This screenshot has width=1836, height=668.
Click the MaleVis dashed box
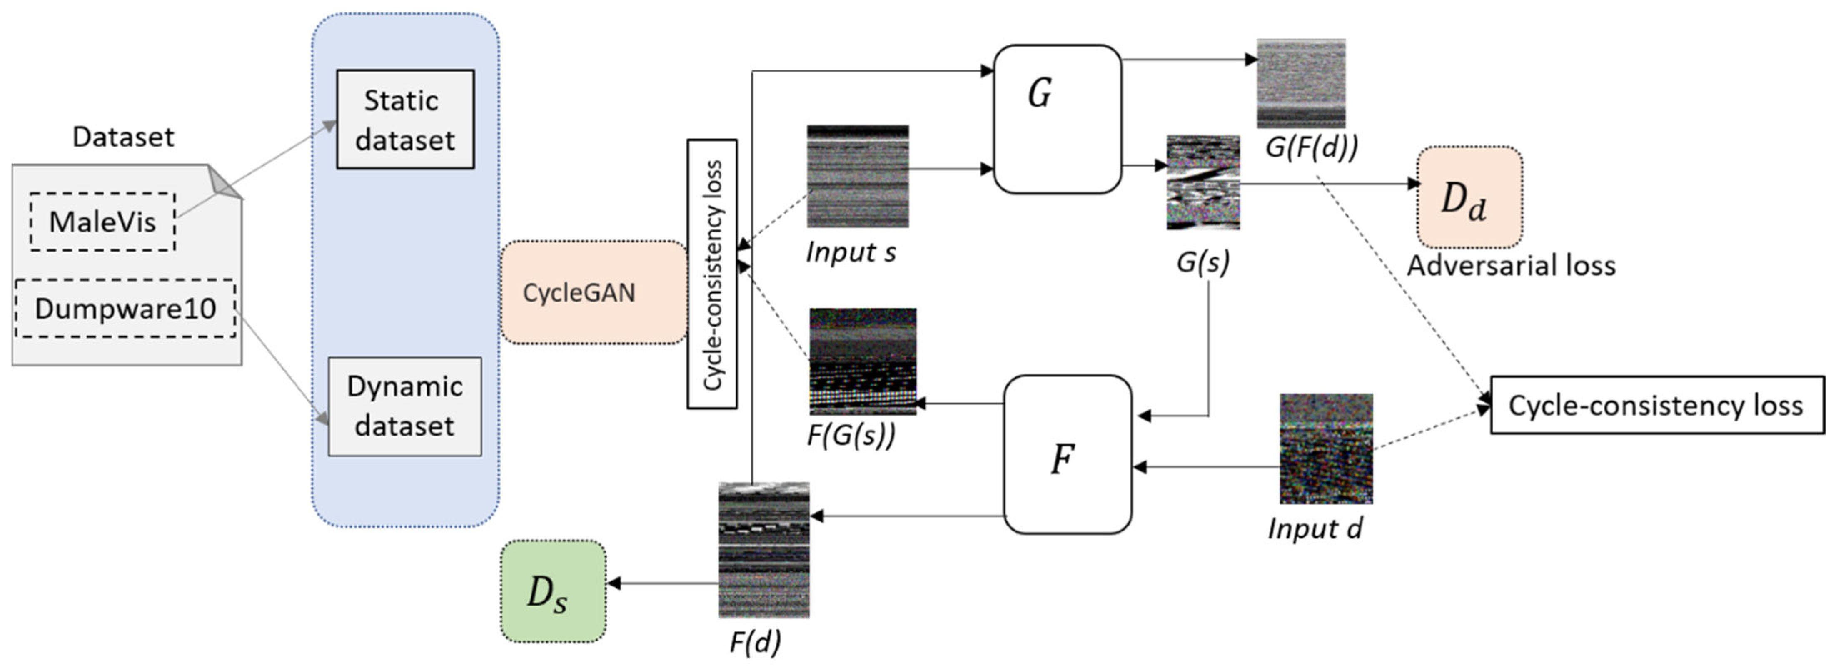pos(102,222)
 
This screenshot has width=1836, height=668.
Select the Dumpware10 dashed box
pos(125,309)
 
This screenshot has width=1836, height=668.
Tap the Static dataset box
pos(405,119)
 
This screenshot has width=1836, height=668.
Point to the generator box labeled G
pos(1057,119)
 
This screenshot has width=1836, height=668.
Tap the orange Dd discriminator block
pos(1469,197)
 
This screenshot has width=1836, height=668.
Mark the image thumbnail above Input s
pos(858,176)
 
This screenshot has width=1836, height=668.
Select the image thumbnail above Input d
pos(1326,449)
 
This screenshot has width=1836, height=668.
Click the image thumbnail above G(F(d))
pos(1301,83)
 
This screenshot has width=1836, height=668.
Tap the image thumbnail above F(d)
pos(763,550)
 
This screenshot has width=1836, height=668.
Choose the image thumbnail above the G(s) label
pos(1203,182)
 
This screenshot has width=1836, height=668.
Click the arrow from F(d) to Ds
pos(663,583)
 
